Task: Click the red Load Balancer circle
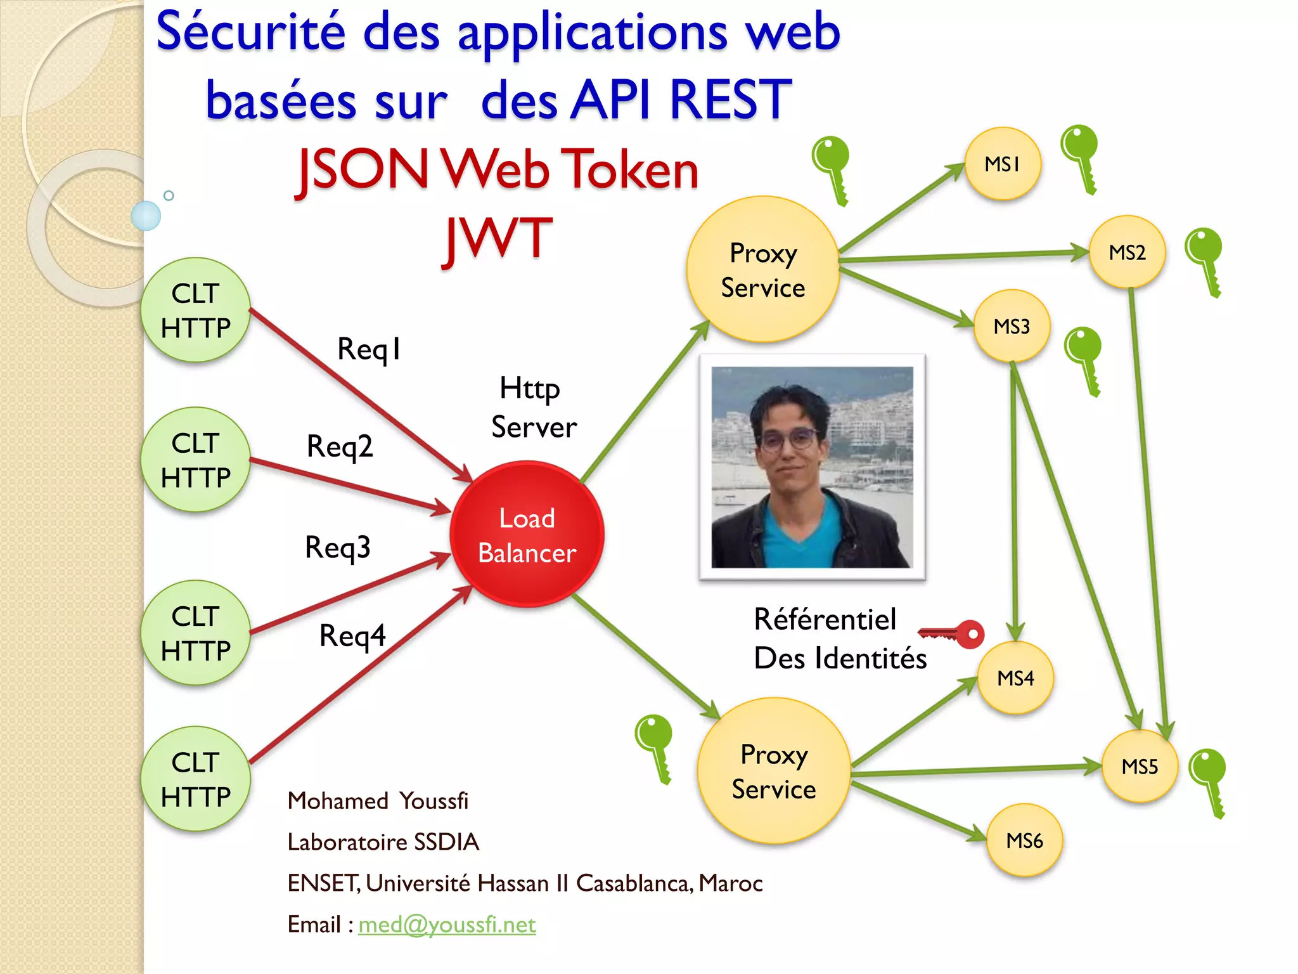[527, 535]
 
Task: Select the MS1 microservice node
[1003, 164]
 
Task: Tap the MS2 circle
[1127, 252]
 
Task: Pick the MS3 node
[1012, 327]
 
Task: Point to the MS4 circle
[1015, 678]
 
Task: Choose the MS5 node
[1140, 767]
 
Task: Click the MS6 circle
[1024, 841]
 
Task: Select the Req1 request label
[369, 349]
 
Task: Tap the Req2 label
[340, 446]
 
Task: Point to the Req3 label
[338, 547]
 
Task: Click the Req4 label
[352, 635]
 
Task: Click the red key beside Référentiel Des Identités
[953, 633]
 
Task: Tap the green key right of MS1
[1080, 157]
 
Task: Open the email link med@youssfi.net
[447, 925]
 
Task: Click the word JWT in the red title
[498, 238]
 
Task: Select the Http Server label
[533, 407]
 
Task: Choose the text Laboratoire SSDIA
[383, 842]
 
